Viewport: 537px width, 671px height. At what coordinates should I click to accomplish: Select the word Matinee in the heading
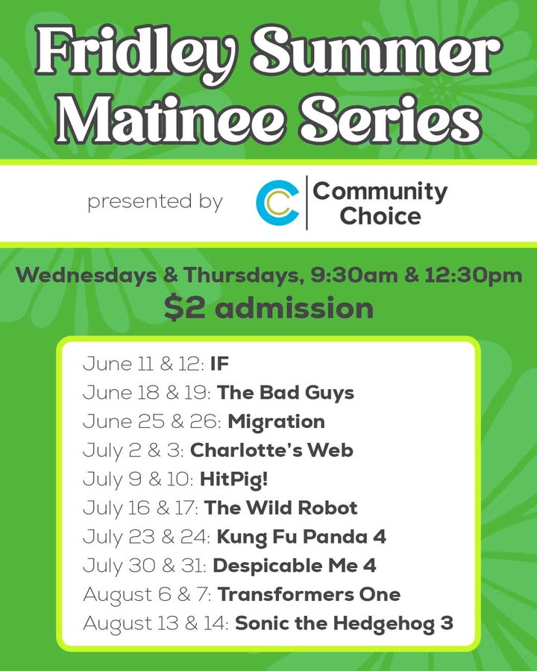pyautogui.click(x=170, y=119)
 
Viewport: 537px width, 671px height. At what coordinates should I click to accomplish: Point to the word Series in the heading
pyautogui.click(x=391, y=119)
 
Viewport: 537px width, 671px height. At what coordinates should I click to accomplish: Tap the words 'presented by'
pyautogui.click(x=155, y=202)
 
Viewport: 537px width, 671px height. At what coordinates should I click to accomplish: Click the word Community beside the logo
pyautogui.click(x=380, y=192)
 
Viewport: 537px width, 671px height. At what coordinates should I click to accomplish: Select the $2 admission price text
pyautogui.click(x=268, y=308)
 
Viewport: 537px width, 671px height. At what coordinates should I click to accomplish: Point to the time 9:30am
pyautogui.click(x=354, y=274)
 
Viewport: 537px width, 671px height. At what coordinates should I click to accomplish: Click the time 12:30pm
pyautogui.click(x=473, y=275)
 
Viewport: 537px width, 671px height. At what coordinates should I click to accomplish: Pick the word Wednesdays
pyautogui.click(x=86, y=275)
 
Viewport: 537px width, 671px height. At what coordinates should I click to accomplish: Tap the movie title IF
pyautogui.click(x=220, y=364)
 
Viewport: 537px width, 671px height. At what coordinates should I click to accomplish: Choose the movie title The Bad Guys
pyautogui.click(x=286, y=393)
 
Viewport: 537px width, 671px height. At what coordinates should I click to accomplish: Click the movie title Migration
pyautogui.click(x=276, y=422)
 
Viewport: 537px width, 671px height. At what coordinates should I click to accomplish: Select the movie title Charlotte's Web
pyautogui.click(x=271, y=450)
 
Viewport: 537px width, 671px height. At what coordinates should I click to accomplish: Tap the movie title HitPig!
pyautogui.click(x=233, y=479)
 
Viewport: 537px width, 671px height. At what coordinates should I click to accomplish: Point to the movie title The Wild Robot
pyautogui.click(x=280, y=508)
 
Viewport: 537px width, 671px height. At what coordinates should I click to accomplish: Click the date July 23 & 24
pyautogui.click(x=146, y=537)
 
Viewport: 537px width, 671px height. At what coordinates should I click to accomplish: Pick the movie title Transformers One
pyautogui.click(x=310, y=594)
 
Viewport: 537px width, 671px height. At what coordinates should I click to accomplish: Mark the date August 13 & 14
pyautogui.click(x=155, y=623)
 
